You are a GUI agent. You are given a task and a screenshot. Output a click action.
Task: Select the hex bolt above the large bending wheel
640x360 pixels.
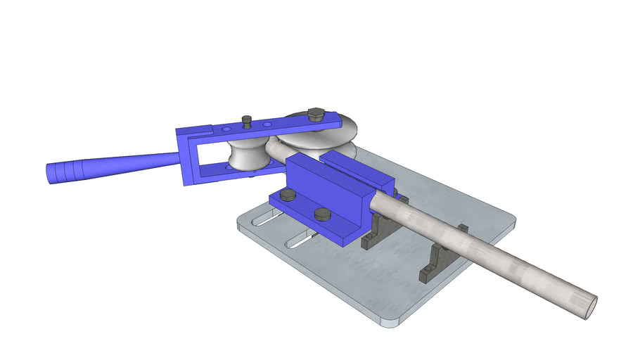[x=316, y=115]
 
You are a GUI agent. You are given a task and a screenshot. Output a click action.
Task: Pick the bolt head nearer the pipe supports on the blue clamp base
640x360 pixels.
[x=322, y=214]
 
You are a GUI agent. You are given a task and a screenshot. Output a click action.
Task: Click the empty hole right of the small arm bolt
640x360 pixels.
[x=266, y=125]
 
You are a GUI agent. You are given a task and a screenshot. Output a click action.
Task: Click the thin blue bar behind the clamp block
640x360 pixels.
[x=359, y=169]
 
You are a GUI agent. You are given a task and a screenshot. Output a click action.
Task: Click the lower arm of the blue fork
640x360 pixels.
[x=225, y=172]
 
